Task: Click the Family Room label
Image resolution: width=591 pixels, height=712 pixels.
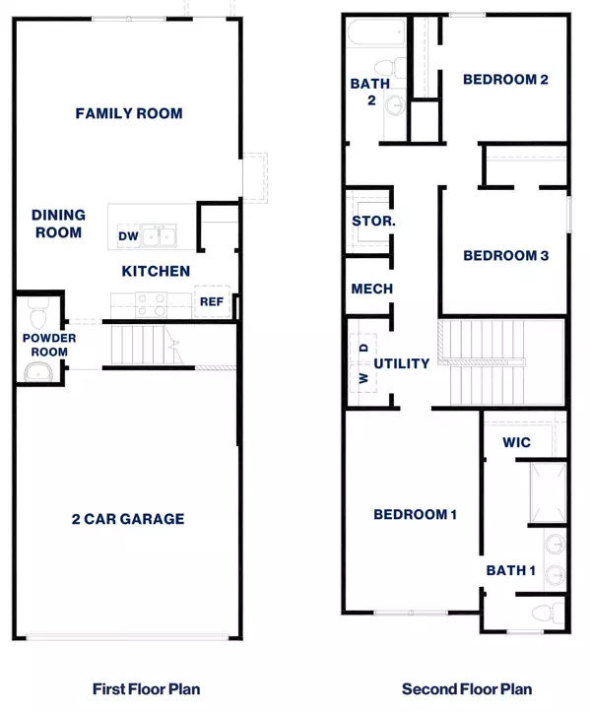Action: coord(129,113)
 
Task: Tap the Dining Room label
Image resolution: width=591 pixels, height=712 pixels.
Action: coord(58,224)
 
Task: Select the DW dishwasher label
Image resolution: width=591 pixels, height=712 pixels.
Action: coord(128,236)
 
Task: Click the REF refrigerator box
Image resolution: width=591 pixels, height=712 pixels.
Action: coord(212,302)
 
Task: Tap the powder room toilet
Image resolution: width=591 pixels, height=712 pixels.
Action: coord(38,316)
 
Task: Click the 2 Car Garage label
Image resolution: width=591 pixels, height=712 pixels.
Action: coord(128,519)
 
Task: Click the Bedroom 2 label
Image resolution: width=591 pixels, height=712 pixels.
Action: coord(505,80)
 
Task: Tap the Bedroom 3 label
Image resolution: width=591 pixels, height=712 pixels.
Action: coord(506,255)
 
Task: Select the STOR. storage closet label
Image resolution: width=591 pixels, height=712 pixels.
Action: coord(373,222)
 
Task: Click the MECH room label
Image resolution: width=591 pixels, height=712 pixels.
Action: coord(372,289)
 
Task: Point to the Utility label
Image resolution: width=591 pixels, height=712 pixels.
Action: coord(402,363)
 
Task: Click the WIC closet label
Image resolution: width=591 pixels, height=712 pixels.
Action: coord(516,442)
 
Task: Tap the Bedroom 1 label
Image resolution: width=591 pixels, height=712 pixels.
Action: coord(413,514)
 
